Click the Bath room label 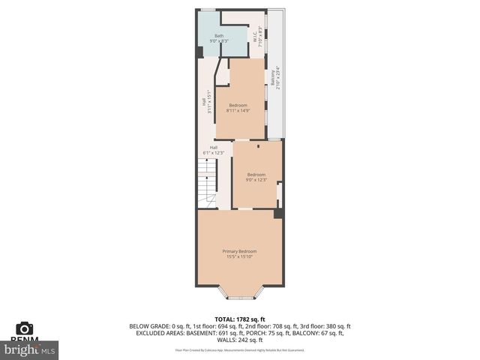[x=219, y=35]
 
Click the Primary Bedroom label [x=239, y=250]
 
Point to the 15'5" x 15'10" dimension [x=239, y=257]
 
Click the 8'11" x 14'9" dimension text [x=238, y=110]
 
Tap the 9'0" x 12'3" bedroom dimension [x=256, y=180]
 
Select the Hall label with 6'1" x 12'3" [x=214, y=147]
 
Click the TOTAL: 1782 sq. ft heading [x=240, y=319]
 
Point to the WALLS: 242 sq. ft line [x=240, y=340]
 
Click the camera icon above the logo [x=24, y=329]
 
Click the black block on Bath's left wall [x=199, y=52]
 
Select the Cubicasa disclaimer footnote [x=240, y=349]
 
